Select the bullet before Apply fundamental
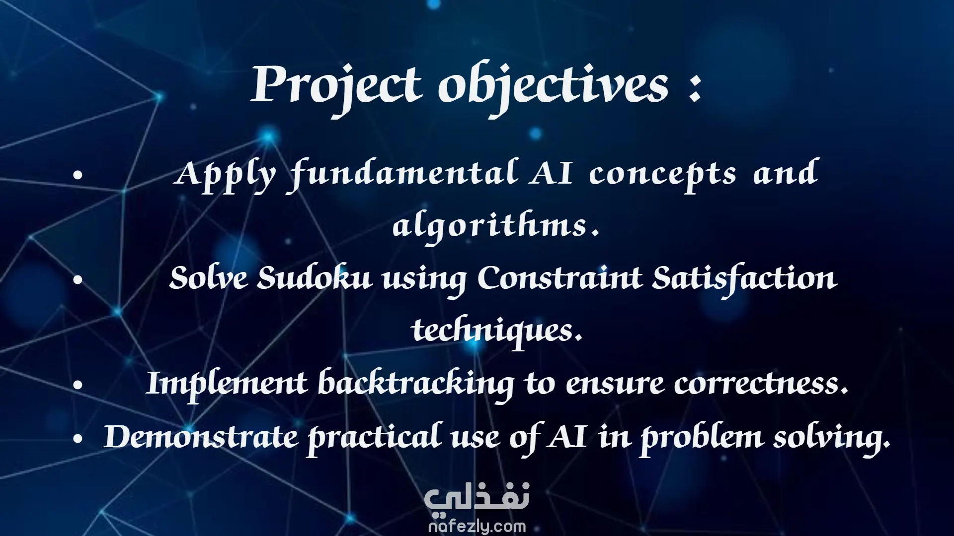pos(78,175)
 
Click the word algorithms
pos(495,226)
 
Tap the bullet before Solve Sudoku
pos(78,280)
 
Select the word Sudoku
pos(315,277)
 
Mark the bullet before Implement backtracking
pos(78,385)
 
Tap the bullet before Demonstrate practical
pos(78,439)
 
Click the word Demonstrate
pos(201,437)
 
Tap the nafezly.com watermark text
pos(477,526)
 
